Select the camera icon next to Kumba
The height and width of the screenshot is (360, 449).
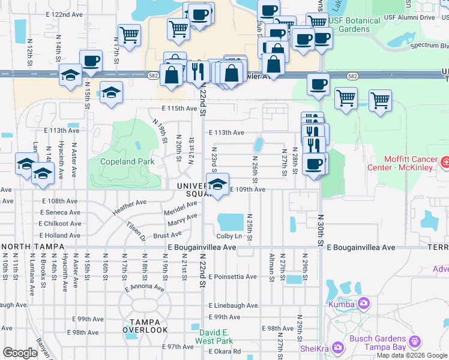[x=363, y=304]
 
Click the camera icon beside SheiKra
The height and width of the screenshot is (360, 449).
[x=337, y=347]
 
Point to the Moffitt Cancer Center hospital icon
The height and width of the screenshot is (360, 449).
[x=445, y=162]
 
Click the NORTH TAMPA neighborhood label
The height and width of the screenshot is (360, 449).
[x=29, y=247]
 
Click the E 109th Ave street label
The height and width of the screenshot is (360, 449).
[x=247, y=190]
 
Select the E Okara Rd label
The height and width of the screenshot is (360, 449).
[x=224, y=351]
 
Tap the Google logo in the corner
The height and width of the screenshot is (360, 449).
[x=20, y=353]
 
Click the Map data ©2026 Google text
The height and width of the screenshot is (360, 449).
[x=412, y=355]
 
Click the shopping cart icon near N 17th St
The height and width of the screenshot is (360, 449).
[x=129, y=35]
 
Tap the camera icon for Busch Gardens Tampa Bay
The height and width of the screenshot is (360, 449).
[x=415, y=343]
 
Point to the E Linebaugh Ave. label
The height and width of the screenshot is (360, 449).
[x=234, y=306]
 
